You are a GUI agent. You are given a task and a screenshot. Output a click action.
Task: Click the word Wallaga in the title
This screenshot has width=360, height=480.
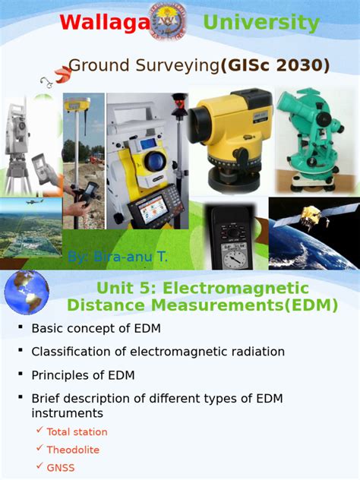click(x=104, y=23)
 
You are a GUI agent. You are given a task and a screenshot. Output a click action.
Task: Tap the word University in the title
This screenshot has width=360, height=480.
click(x=261, y=23)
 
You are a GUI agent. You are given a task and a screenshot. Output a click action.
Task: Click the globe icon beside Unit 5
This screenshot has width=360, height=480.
click(x=26, y=292)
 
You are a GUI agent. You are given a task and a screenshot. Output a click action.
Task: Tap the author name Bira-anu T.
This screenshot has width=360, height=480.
click(x=118, y=257)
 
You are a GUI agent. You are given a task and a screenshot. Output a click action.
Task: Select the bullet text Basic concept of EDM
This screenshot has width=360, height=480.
click(x=96, y=328)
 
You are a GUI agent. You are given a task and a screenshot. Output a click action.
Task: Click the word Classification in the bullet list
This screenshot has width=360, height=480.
click(x=65, y=352)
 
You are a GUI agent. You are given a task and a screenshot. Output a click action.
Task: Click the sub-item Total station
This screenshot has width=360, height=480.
click(x=77, y=431)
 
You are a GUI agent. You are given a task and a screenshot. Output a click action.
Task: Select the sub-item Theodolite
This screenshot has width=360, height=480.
click(x=73, y=450)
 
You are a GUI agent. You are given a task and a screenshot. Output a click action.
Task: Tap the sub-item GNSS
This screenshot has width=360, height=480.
click(x=61, y=468)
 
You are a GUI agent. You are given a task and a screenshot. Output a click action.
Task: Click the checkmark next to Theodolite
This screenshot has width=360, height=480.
click(x=39, y=449)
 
